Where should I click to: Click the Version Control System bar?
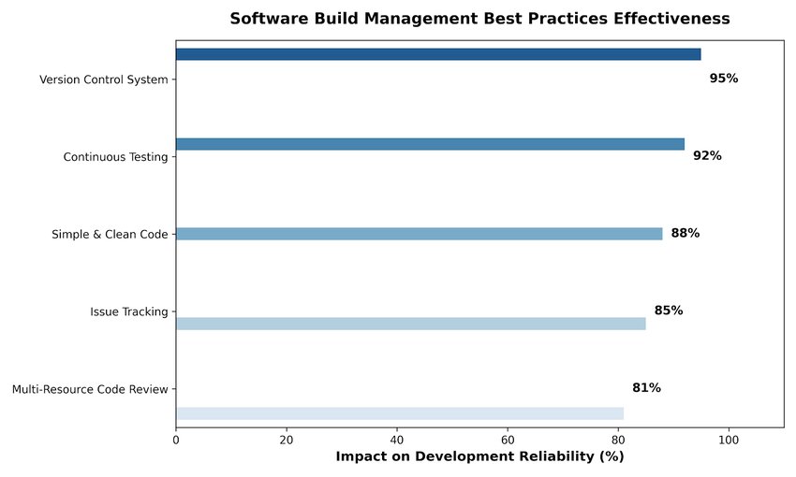(438, 54)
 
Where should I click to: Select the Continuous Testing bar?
(430, 144)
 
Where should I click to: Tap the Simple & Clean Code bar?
(420, 234)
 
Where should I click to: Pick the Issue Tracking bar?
(411, 324)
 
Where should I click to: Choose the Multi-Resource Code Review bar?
(400, 413)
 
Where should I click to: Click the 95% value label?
(723, 78)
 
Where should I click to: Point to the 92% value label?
(707, 155)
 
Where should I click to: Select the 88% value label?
(685, 233)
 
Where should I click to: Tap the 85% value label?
(669, 311)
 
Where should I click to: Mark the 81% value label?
(646, 388)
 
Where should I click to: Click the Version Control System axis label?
(104, 79)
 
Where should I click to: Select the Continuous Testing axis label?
(115, 157)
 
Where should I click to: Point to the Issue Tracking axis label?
(129, 311)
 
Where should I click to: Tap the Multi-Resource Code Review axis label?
(90, 389)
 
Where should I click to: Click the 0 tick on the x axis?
(176, 440)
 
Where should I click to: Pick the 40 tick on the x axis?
(397, 440)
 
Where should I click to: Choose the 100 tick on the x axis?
(729, 440)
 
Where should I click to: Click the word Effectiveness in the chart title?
(671, 19)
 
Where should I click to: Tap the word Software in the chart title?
(270, 19)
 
